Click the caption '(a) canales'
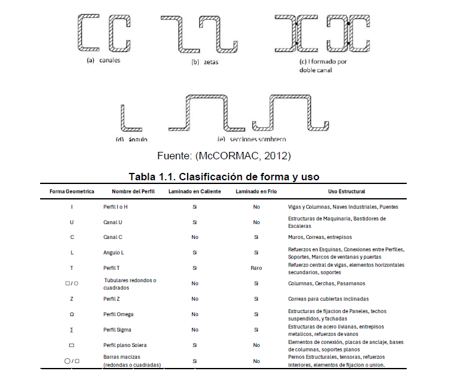(104, 61)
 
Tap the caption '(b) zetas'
(205, 62)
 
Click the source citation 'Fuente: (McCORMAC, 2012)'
(224, 154)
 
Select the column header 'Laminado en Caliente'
(195, 191)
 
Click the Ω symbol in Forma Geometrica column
(72, 314)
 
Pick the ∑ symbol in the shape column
(72, 330)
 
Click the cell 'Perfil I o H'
(115, 206)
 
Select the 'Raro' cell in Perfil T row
(256, 268)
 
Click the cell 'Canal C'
(113, 237)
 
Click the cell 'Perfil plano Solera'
(125, 345)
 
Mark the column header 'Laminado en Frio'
(256, 191)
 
